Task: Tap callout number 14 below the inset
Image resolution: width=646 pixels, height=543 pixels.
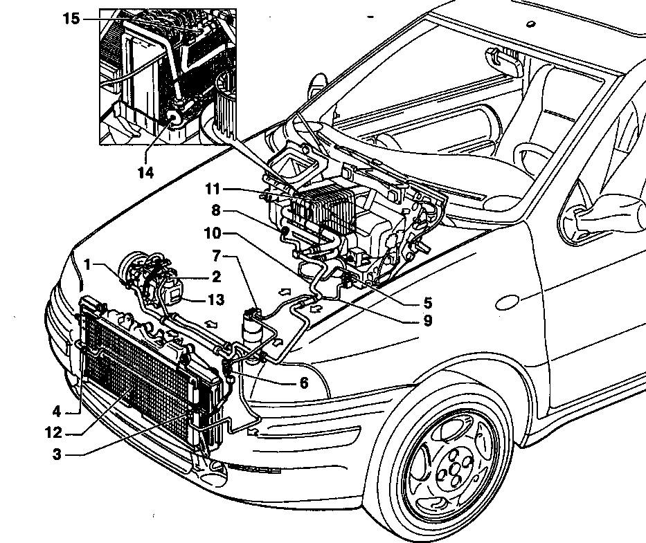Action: (145, 173)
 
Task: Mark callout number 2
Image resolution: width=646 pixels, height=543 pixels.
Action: (217, 277)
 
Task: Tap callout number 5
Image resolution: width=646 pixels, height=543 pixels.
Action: (427, 302)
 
